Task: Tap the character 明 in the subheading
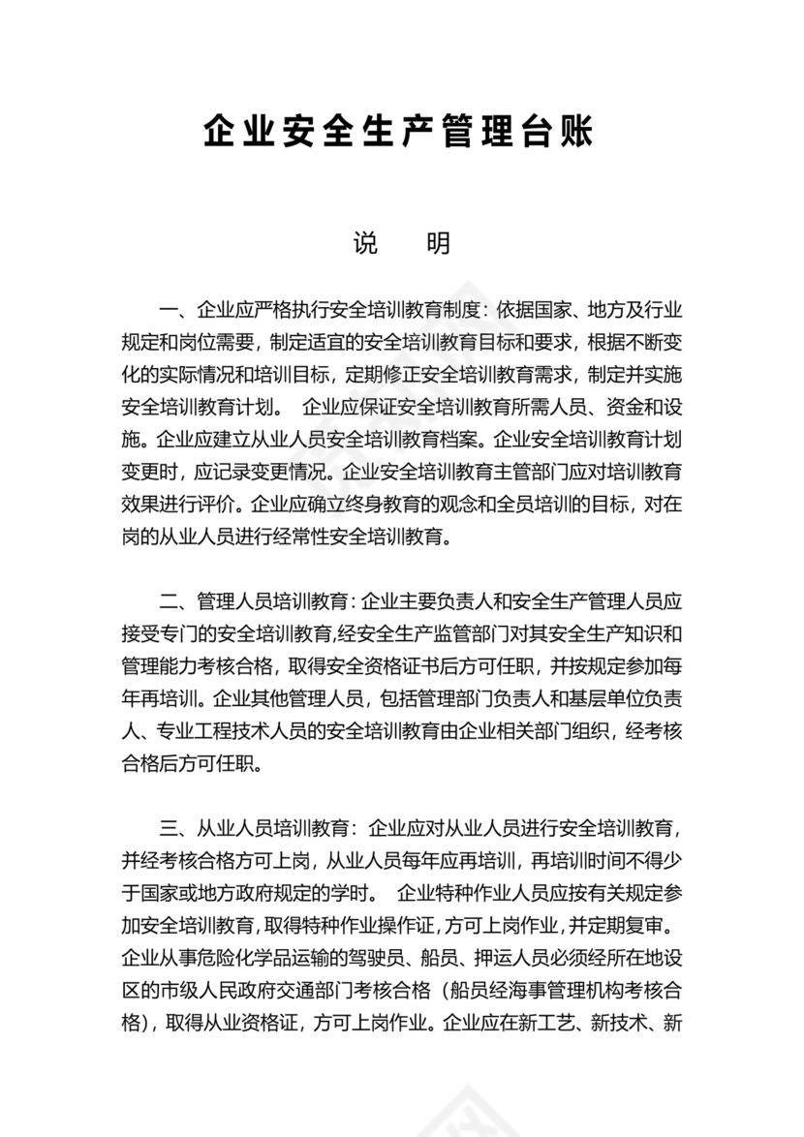[438, 244]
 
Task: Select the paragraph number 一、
[174, 311]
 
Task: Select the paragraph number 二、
[174, 601]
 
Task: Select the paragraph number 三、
[174, 828]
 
